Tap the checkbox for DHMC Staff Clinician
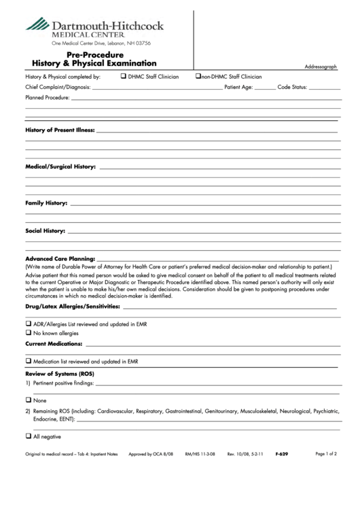pyautogui.click(x=123, y=77)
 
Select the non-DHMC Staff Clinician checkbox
pyautogui.click(x=198, y=77)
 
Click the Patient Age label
pyautogui.click(x=239, y=88)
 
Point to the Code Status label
pyautogui.click(x=293, y=88)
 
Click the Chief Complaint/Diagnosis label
pyautogui.click(x=58, y=88)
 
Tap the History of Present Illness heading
pyautogui.click(x=60, y=130)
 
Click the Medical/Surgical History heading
pyautogui.click(x=60, y=166)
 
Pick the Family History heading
pyautogui.click(x=46, y=203)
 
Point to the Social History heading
pyautogui.click(x=46, y=231)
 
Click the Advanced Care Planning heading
pyautogui.click(x=59, y=260)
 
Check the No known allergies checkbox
pyautogui.click(x=29, y=334)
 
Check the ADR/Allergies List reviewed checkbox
pyautogui.click(x=29, y=324)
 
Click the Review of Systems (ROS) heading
pyautogui.click(x=59, y=374)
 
